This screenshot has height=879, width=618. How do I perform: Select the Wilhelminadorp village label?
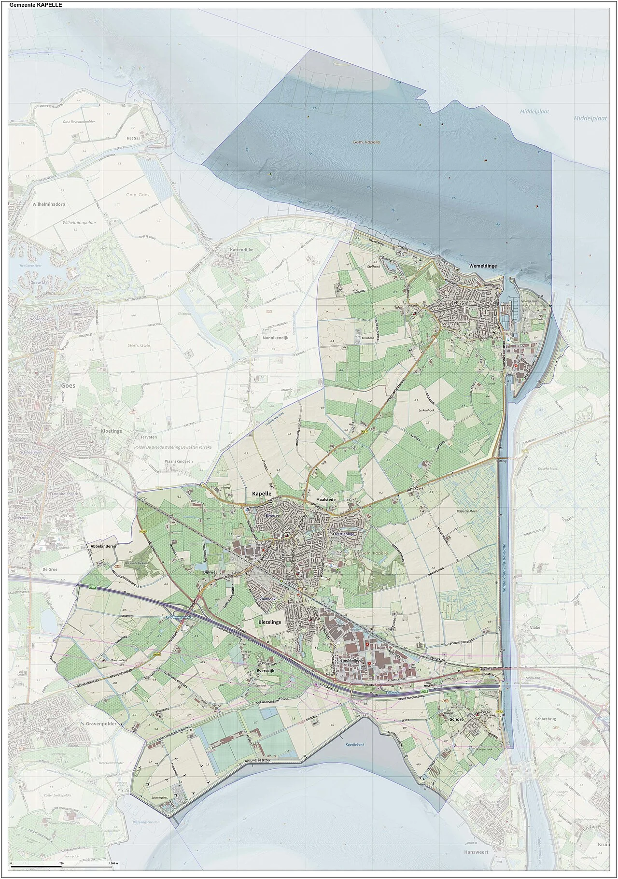pyautogui.click(x=49, y=204)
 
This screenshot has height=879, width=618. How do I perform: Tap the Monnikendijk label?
pyautogui.click(x=275, y=338)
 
